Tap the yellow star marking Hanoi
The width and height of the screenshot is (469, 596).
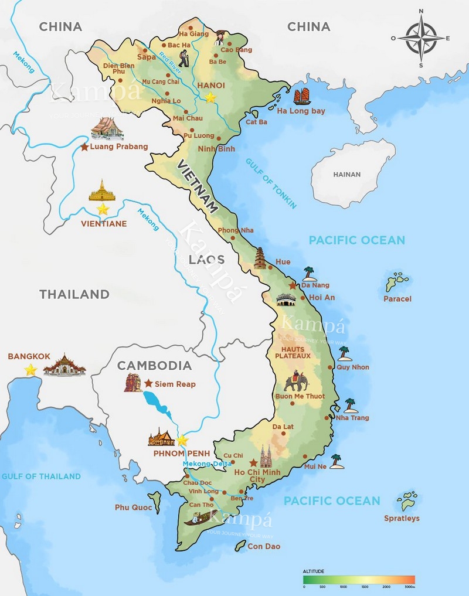210,97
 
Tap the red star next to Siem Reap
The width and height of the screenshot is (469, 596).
148,383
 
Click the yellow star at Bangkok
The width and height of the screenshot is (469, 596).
30,370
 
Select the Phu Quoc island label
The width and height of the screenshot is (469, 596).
130,508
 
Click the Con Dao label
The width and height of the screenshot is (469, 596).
264,546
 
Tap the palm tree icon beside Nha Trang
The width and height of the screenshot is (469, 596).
351,405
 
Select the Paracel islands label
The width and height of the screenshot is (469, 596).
397,299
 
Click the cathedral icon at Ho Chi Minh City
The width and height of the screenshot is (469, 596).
267,455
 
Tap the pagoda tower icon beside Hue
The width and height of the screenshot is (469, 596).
260,258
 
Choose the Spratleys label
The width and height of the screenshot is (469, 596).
402,518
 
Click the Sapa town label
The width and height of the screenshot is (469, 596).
146,57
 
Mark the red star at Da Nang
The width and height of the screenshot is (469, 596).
293,285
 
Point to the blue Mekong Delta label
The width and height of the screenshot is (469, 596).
208,464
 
